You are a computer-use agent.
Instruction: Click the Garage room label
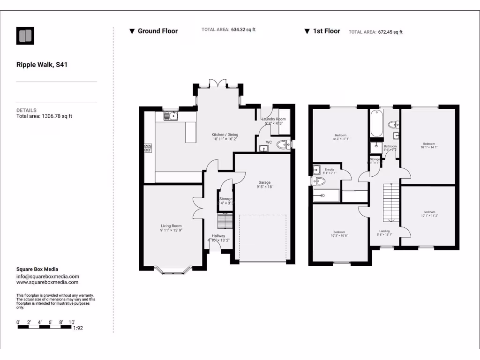pyautogui.click(x=264, y=182)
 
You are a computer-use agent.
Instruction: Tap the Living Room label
pyautogui.click(x=171, y=226)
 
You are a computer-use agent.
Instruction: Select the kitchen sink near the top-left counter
pyautogui.click(x=170, y=115)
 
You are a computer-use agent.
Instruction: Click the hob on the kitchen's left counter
pyautogui.click(x=148, y=148)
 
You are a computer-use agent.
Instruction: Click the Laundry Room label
pyautogui.click(x=274, y=119)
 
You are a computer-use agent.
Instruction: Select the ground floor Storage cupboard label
pyautogui.click(x=226, y=199)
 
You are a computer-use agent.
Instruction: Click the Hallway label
pyautogui.click(x=218, y=236)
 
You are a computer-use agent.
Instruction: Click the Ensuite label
pyautogui.click(x=330, y=169)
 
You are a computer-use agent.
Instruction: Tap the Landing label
pyautogui.click(x=384, y=231)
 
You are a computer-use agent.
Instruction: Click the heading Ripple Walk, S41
pyautogui.click(x=42, y=65)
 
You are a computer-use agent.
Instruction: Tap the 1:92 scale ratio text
pyautogui.click(x=79, y=329)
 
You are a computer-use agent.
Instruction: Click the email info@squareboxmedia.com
pyautogui.click(x=47, y=277)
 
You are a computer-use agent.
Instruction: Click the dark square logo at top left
pyautogui.click(x=25, y=36)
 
